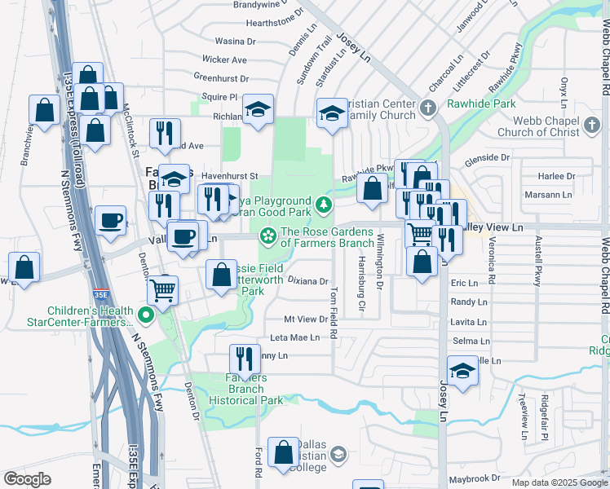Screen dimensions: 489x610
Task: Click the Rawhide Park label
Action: (481, 104)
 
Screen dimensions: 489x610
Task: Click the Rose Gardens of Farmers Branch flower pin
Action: (267, 236)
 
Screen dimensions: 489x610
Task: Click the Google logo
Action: (27, 478)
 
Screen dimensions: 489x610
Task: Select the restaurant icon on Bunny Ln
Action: (243, 358)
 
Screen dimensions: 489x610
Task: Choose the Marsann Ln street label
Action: (549, 196)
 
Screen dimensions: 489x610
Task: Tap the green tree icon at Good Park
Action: (325, 204)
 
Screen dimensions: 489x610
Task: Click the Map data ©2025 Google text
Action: (559, 482)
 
